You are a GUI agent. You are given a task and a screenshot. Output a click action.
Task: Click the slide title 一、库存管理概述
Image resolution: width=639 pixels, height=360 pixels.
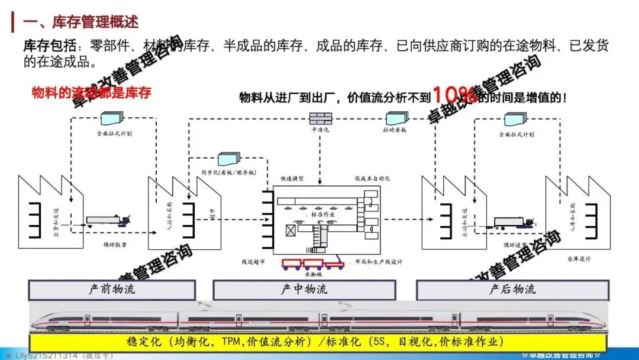[x=80, y=22]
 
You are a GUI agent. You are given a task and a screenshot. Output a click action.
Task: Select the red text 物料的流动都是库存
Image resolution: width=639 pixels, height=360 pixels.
[x=91, y=93]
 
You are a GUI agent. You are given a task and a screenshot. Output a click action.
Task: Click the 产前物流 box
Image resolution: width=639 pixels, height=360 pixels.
[x=112, y=290]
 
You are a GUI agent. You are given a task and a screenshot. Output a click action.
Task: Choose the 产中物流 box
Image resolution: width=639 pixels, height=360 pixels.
[x=304, y=290]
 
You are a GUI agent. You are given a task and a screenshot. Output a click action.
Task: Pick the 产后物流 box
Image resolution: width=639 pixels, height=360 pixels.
[x=512, y=290]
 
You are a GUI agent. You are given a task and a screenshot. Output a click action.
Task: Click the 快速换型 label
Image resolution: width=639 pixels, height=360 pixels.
[x=292, y=179]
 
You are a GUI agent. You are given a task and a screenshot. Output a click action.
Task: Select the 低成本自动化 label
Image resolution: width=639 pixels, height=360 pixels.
[x=372, y=179]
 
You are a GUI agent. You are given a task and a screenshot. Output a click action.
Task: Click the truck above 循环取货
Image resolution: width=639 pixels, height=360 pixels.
[x=110, y=221]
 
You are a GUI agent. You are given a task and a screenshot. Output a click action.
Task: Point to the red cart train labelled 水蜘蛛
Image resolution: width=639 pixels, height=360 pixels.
[x=314, y=263]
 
